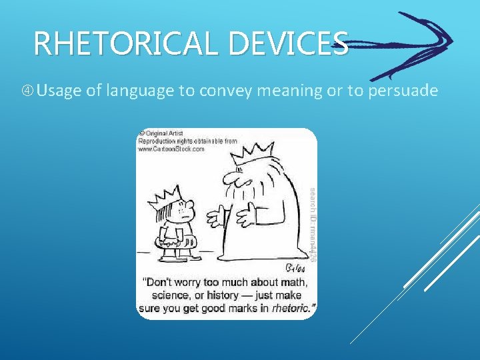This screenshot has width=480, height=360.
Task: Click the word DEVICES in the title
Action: [x=287, y=44]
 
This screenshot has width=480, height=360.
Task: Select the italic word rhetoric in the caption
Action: [x=293, y=308]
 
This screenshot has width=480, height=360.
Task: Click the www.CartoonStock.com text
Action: [x=172, y=149]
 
